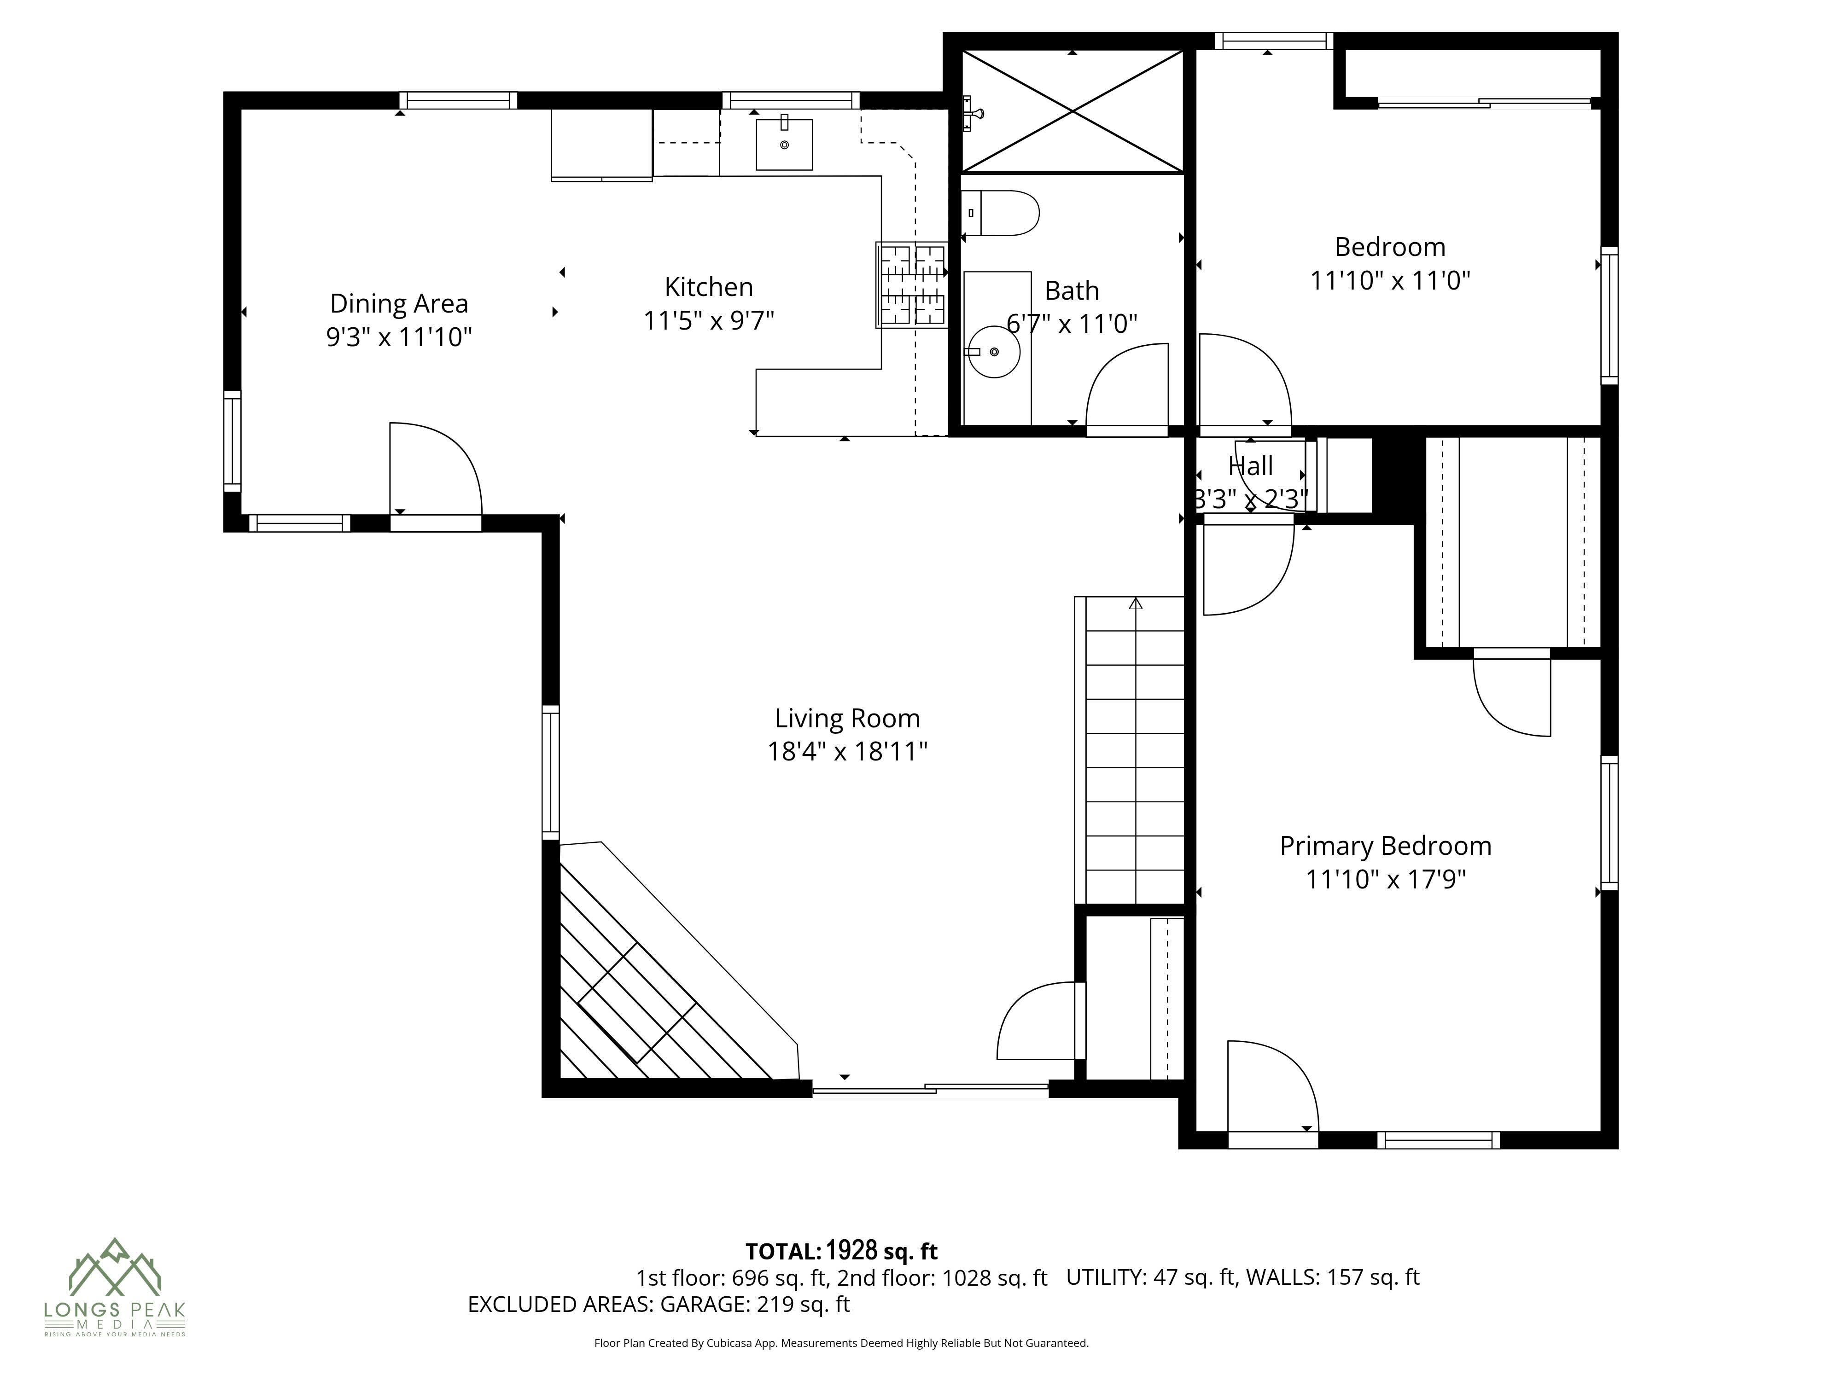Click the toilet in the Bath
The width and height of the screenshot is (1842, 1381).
1002,213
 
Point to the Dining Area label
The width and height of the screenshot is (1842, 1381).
399,303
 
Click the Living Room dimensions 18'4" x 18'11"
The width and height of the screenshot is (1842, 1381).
847,752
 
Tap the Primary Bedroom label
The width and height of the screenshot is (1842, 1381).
1385,846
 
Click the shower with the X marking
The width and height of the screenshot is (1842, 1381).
1073,111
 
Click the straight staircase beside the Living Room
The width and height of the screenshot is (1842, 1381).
1134,749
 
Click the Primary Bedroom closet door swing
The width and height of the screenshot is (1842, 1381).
1511,695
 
